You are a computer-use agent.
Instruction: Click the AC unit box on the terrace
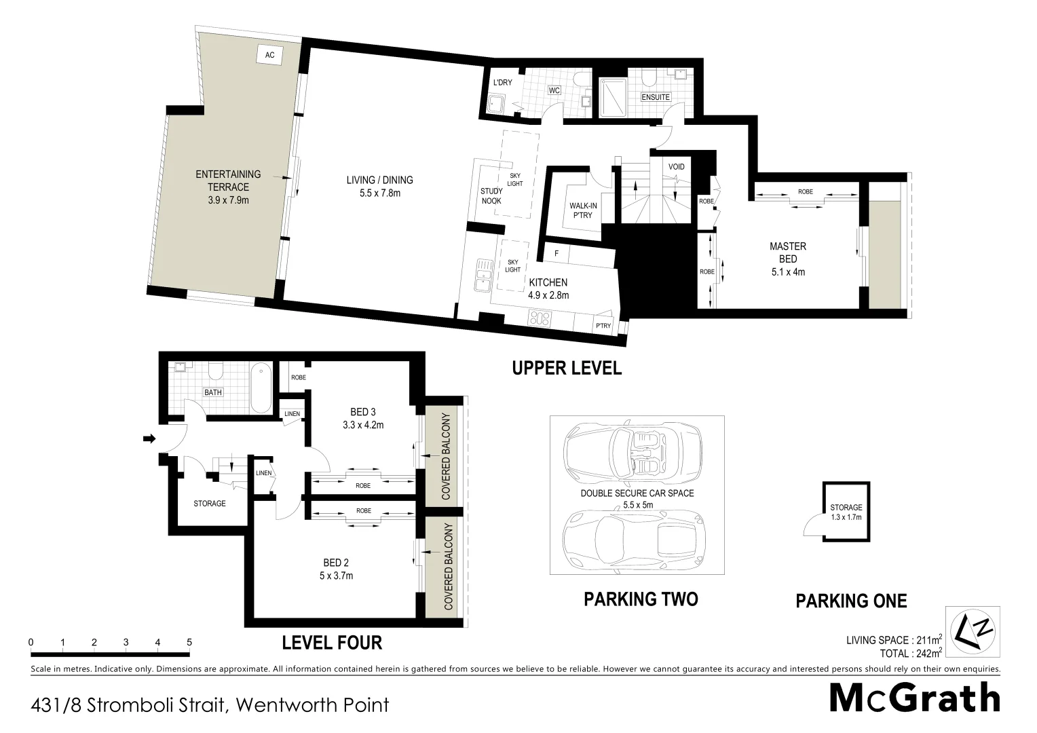tap(269, 55)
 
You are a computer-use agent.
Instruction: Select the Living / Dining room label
tap(379, 180)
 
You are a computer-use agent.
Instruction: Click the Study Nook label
tap(491, 196)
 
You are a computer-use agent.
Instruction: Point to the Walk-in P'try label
tap(580, 210)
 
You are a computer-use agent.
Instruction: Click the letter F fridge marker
tap(557, 254)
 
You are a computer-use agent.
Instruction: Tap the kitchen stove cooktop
tap(541, 317)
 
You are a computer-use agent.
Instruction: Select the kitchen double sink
tap(483, 274)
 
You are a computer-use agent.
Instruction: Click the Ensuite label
tap(656, 97)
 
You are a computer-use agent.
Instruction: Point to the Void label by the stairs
tap(676, 167)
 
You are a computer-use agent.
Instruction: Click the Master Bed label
tap(787, 252)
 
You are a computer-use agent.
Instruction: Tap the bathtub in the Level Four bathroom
tap(261, 388)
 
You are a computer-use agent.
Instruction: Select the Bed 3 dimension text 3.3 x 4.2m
tap(363, 426)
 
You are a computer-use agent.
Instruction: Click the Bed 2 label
tap(336, 563)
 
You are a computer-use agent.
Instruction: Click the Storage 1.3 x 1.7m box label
tap(846, 512)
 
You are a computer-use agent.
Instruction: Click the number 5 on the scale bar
tap(189, 642)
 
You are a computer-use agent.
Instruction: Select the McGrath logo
tap(915, 698)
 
